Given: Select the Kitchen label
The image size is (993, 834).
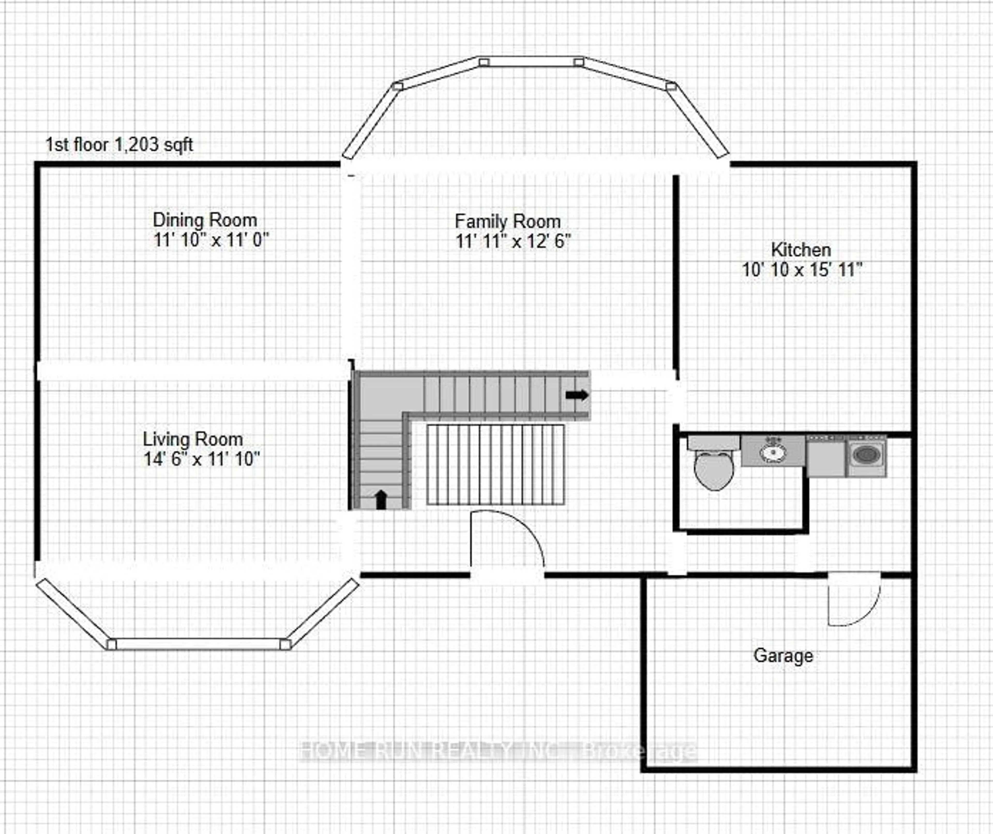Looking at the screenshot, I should click(800, 250).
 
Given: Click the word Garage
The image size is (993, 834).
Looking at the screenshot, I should click(783, 655).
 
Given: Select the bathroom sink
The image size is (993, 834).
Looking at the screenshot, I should click(772, 452).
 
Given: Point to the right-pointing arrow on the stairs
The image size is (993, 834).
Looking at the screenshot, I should click(577, 395).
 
